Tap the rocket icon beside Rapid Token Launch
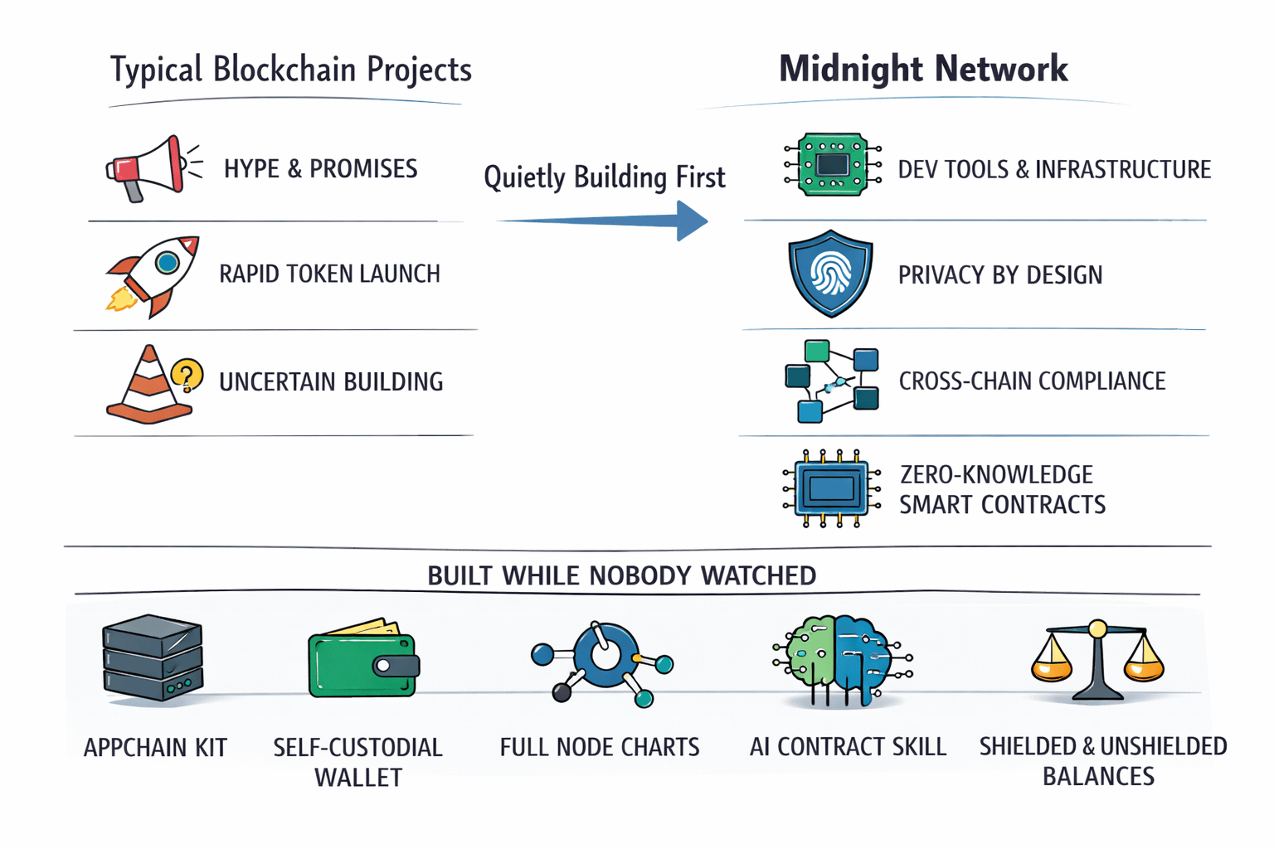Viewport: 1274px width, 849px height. coord(153,276)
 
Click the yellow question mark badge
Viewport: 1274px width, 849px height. coord(187,375)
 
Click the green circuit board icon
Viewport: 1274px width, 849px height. coord(833,164)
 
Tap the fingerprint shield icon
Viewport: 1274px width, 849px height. coord(830,273)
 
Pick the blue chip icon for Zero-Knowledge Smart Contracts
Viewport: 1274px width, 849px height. coord(832,488)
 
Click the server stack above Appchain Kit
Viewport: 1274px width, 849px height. coord(153,657)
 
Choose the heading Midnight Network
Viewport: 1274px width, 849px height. coord(923,69)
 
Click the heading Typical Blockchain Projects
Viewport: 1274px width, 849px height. coord(290,70)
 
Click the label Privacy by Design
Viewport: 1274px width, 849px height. coord(1000,275)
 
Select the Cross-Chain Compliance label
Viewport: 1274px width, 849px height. coord(1033,381)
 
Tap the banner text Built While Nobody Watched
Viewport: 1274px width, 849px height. coord(621,575)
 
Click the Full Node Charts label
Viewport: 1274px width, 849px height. coord(600,747)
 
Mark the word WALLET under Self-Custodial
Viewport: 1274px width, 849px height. coord(358,778)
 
